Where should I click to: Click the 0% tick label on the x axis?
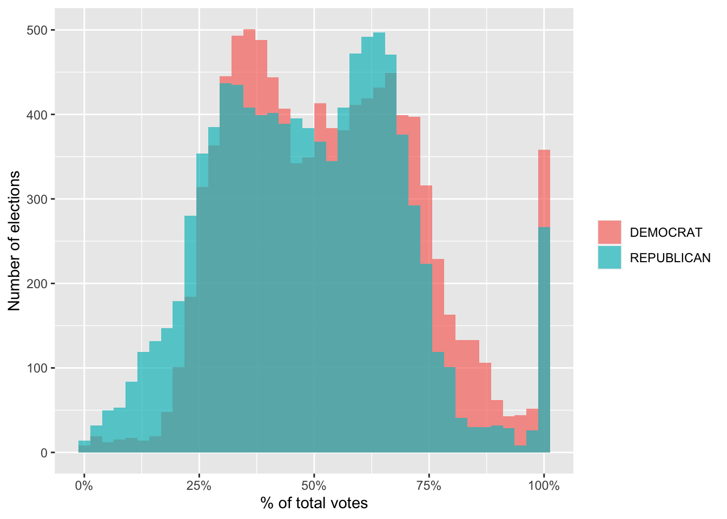pyautogui.click(x=84, y=485)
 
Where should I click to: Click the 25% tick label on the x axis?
pyautogui.click(x=199, y=485)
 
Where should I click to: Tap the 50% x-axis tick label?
pyautogui.click(x=314, y=485)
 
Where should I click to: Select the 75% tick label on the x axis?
pyautogui.click(x=429, y=485)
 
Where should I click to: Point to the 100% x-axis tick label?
pyautogui.click(x=544, y=485)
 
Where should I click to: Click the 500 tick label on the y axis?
pyautogui.click(x=37, y=30)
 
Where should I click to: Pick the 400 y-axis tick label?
pyautogui.click(x=37, y=115)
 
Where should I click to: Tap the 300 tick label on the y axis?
pyautogui.click(x=37, y=199)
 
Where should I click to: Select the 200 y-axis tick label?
pyautogui.click(x=37, y=283)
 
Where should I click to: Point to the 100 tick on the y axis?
pyautogui.click(x=37, y=368)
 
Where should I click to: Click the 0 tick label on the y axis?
pyautogui.click(x=44, y=453)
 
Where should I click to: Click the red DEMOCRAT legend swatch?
pyautogui.click(x=610, y=232)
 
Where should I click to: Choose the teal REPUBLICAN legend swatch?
pyautogui.click(x=610, y=257)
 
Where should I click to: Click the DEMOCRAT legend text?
pyautogui.click(x=666, y=232)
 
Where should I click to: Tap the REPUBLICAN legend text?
pyautogui.click(x=670, y=258)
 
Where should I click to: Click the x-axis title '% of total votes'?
pyautogui.click(x=314, y=503)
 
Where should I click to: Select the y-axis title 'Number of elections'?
pyautogui.click(x=15, y=241)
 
